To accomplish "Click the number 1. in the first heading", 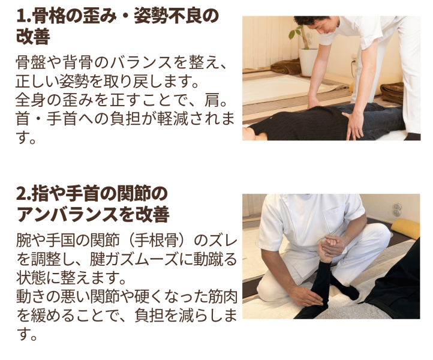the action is coord(24,16).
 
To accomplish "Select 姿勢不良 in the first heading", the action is coord(167,16).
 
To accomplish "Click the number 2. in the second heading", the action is coord(24,194).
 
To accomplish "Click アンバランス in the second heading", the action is coord(68,214).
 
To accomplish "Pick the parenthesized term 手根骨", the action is coord(157,240).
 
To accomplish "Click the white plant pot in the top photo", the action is coord(308,62).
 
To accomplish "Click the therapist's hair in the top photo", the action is coord(312,20).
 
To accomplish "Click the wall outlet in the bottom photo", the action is coord(397,209).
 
